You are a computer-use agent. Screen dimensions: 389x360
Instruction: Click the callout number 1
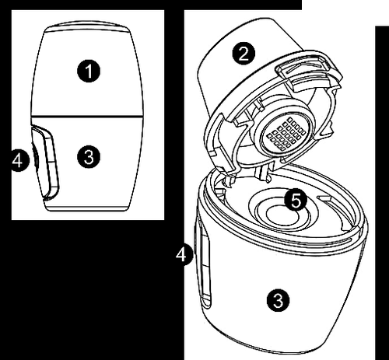[x=89, y=71]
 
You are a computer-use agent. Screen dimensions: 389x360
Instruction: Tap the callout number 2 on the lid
[x=244, y=54]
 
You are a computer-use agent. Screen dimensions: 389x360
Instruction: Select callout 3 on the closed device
[x=89, y=157]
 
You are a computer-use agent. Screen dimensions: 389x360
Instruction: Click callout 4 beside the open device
[x=184, y=255]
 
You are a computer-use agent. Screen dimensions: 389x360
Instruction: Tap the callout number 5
[x=296, y=201]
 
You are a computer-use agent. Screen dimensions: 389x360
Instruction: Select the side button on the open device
[x=205, y=267]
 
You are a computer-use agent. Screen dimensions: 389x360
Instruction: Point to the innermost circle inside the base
[x=282, y=217]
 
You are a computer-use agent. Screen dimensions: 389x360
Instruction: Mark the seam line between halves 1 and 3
[x=87, y=115]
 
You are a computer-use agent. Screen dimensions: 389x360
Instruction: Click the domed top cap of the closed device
[x=87, y=26]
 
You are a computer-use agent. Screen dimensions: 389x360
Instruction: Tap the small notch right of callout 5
[x=325, y=199]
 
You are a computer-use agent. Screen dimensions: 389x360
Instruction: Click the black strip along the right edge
[x=382, y=193]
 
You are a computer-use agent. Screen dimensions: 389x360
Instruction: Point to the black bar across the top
[x=151, y=5]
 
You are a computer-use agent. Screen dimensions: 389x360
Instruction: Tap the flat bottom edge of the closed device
[x=87, y=210]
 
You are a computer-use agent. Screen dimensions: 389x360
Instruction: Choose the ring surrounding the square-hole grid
[x=286, y=134]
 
